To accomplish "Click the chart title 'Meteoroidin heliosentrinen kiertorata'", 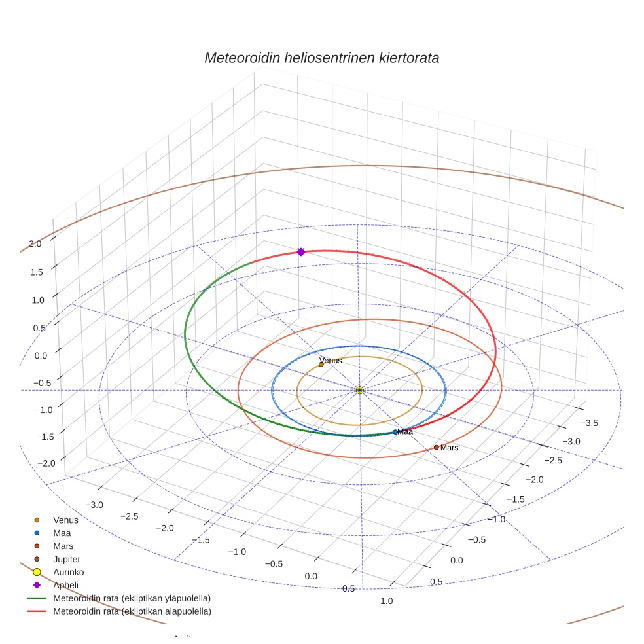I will [321, 58].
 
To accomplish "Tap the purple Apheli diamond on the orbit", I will [301, 251].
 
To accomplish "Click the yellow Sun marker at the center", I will [360, 390].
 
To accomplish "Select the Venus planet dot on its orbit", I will [321, 365].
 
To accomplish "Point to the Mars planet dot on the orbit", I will [437, 448].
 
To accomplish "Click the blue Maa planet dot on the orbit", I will [395, 432].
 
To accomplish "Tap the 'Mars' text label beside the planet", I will [449, 448].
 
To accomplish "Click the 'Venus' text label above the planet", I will [331, 361].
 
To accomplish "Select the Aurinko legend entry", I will [68, 572].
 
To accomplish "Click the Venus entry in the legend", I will [65, 520].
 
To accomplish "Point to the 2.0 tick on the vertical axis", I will [35, 243].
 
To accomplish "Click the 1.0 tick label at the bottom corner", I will [387, 601].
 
